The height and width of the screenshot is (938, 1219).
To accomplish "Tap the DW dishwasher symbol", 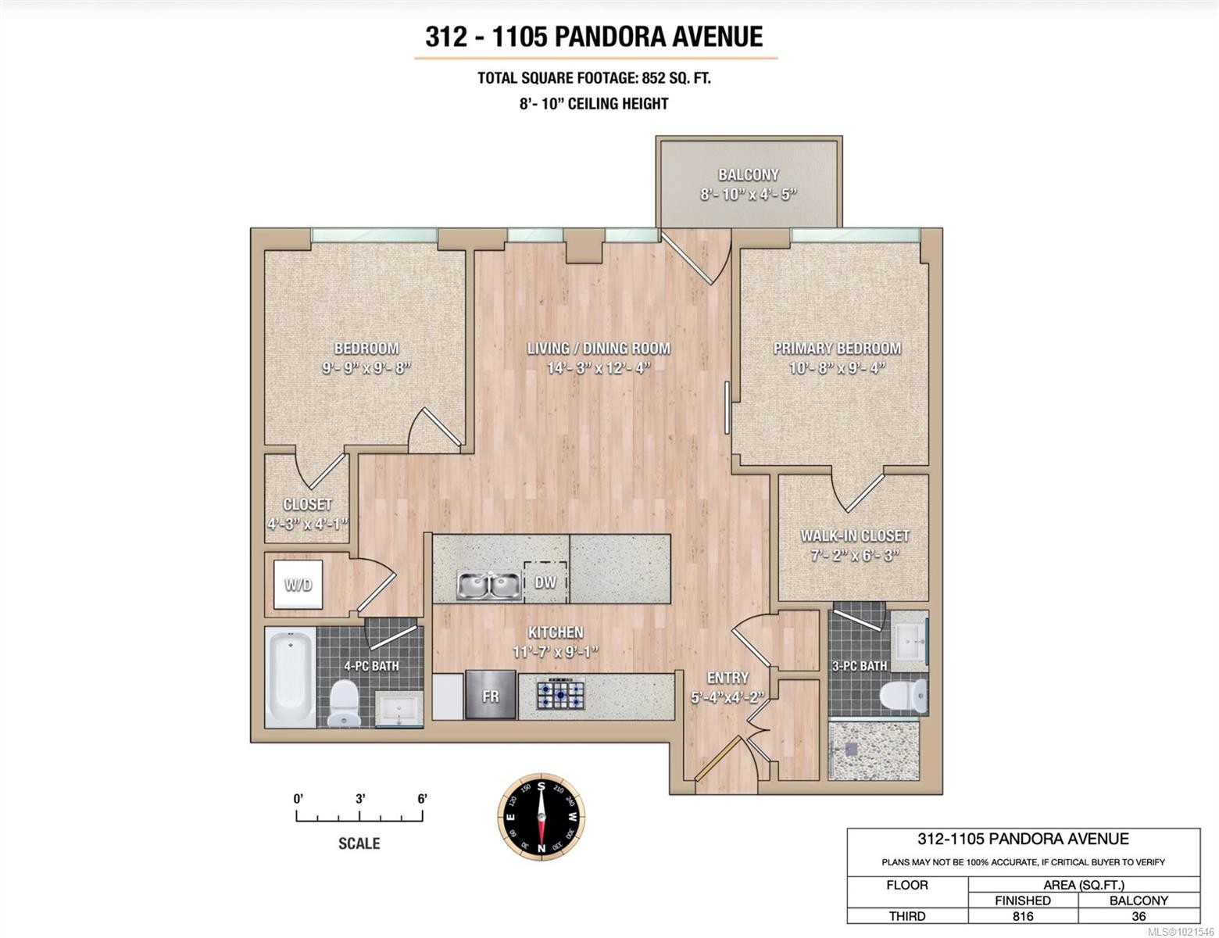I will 545,582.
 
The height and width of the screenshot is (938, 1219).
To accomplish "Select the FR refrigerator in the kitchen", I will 490,695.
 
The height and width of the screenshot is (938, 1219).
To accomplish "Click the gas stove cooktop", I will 560,695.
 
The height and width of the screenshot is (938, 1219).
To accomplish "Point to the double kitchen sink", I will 489,584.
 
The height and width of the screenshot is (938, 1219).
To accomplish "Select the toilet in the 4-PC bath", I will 343,702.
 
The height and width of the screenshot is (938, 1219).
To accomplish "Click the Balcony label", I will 748,175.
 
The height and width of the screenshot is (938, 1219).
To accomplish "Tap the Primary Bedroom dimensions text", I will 837,367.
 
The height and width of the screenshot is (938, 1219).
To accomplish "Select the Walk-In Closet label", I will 854,536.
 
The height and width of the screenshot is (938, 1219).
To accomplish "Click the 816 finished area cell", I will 1022,916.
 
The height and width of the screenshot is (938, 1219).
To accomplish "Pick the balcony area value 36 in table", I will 1139,916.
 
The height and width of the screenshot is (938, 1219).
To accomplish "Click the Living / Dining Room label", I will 599,349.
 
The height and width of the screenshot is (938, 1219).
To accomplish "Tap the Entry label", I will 727,678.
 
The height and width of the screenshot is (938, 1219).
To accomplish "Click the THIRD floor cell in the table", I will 907,916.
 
